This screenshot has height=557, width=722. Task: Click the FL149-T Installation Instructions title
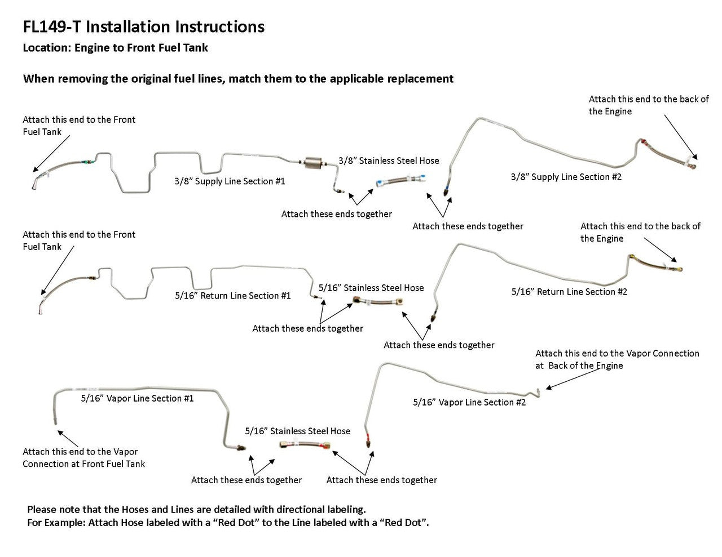click(143, 26)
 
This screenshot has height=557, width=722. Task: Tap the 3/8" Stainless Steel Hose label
click(389, 161)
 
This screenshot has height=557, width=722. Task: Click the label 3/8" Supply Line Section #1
click(229, 181)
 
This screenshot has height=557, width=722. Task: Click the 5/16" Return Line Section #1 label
click(233, 295)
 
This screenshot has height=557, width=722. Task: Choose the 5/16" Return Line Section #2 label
click(569, 291)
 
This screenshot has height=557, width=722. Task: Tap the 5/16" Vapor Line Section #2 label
click(469, 402)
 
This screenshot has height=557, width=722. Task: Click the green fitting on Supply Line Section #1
click(85, 160)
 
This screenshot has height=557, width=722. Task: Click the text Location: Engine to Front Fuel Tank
click(115, 48)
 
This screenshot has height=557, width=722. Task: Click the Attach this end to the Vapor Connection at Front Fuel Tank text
click(83, 458)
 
